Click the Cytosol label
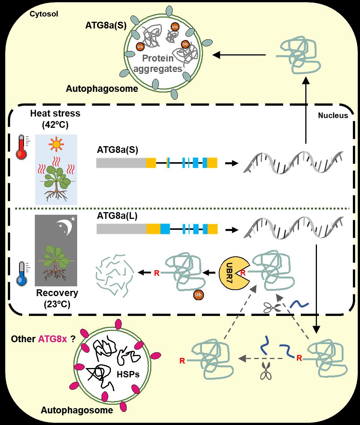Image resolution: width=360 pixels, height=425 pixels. (43, 14)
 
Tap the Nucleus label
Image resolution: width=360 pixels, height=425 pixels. (333, 115)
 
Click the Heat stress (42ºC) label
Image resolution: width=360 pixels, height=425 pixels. (55, 118)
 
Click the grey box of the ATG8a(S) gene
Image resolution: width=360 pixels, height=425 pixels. (121, 163)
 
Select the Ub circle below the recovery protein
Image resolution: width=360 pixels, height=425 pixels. (198, 295)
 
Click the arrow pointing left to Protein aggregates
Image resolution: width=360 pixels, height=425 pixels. (239, 55)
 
